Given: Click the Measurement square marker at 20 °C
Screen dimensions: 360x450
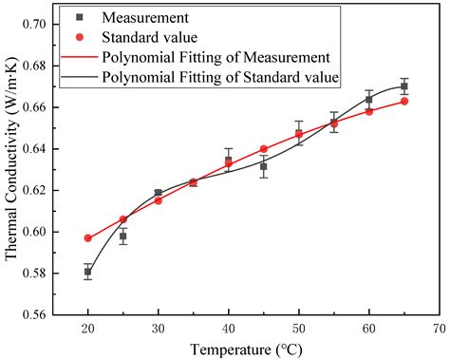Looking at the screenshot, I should tap(87, 272).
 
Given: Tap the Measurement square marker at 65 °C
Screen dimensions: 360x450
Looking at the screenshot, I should tap(404, 86).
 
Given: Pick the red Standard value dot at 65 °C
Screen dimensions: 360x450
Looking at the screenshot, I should tap(404, 101).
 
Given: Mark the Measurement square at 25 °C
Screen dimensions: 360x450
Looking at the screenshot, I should tap(123, 236).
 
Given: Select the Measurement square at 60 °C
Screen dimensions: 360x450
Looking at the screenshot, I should tap(369, 99).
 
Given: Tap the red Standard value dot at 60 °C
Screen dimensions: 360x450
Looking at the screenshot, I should tap(369, 111).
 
